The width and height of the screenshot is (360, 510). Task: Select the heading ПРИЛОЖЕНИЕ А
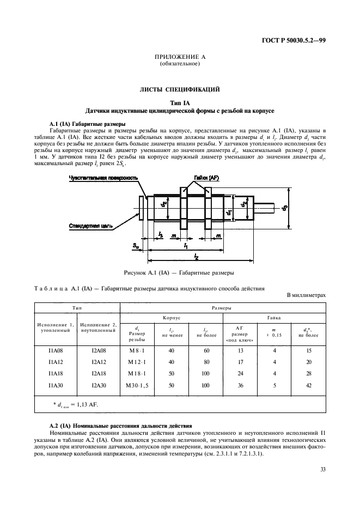pos(180,57)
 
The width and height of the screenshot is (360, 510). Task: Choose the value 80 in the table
pos(205,362)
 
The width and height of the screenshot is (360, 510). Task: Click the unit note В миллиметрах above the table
pos(306,295)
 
